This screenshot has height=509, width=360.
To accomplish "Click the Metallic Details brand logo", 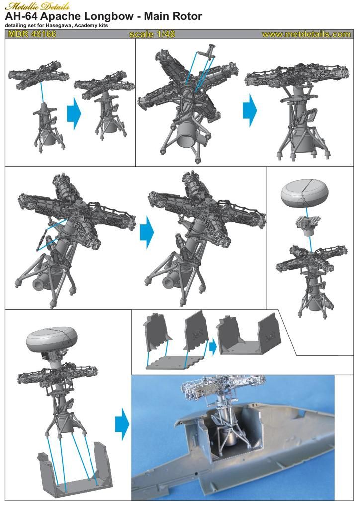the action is tap(37, 6).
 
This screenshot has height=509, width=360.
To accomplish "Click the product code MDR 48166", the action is tap(32, 34).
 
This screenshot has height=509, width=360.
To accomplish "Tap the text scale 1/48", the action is tap(152, 34).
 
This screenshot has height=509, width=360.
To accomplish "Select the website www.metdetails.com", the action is tap(306, 34).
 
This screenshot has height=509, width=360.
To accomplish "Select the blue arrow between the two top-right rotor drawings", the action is tap(250, 110).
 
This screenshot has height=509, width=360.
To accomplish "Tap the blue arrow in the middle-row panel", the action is tap(147, 233).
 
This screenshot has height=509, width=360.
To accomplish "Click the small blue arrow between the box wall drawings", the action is tap(213, 347).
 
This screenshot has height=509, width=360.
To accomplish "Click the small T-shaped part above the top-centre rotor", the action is tap(208, 52).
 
